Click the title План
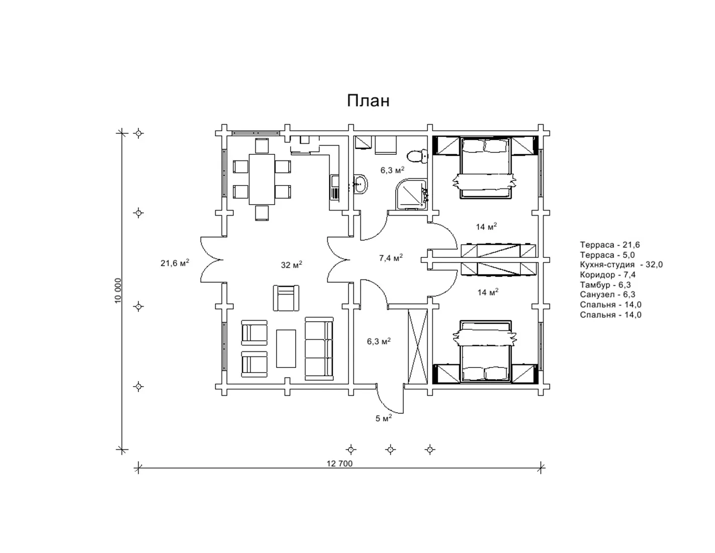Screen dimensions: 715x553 [x=368, y=101]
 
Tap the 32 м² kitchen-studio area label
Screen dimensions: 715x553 [x=292, y=264]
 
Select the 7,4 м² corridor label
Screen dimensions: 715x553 [x=391, y=257]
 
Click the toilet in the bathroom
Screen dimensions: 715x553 [x=417, y=156]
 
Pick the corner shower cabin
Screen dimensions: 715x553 [x=412, y=195]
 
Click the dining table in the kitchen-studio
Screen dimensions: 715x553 [x=262, y=179]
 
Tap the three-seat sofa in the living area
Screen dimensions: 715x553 [x=319, y=348]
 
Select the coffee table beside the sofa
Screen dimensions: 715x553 [x=286, y=349]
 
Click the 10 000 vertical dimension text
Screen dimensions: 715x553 [x=118, y=291]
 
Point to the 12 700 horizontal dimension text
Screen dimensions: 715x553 [x=339, y=464]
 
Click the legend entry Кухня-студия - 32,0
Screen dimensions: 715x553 [x=621, y=264]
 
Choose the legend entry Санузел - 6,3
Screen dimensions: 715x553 [x=607, y=295]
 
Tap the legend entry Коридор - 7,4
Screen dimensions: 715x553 [x=608, y=274]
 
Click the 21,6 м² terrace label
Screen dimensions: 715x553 [x=174, y=263]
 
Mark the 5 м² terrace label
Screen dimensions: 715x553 [x=384, y=418]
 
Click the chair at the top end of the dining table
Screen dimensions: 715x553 [x=262, y=146]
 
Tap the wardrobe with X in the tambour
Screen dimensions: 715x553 [x=417, y=346]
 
